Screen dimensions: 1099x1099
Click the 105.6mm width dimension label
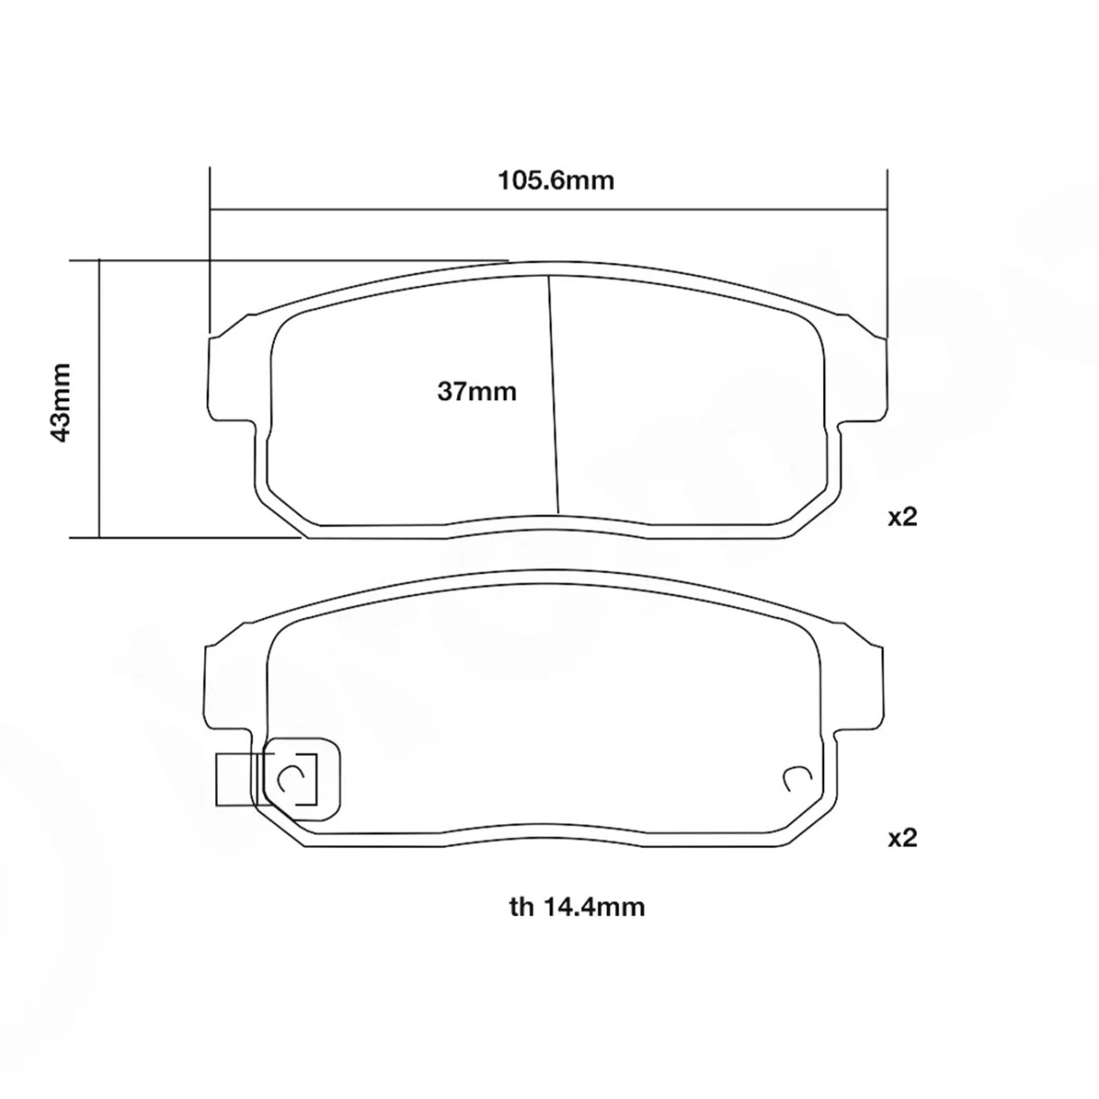[556, 180]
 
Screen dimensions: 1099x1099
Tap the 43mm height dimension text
[60, 402]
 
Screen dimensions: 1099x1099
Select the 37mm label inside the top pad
[477, 392]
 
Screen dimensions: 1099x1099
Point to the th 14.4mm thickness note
[577, 907]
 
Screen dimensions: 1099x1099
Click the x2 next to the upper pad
[902, 517]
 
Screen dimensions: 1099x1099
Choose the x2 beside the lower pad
[902, 838]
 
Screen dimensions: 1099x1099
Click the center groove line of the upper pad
[553, 395]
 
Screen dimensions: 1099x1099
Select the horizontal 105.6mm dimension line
[549, 210]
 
